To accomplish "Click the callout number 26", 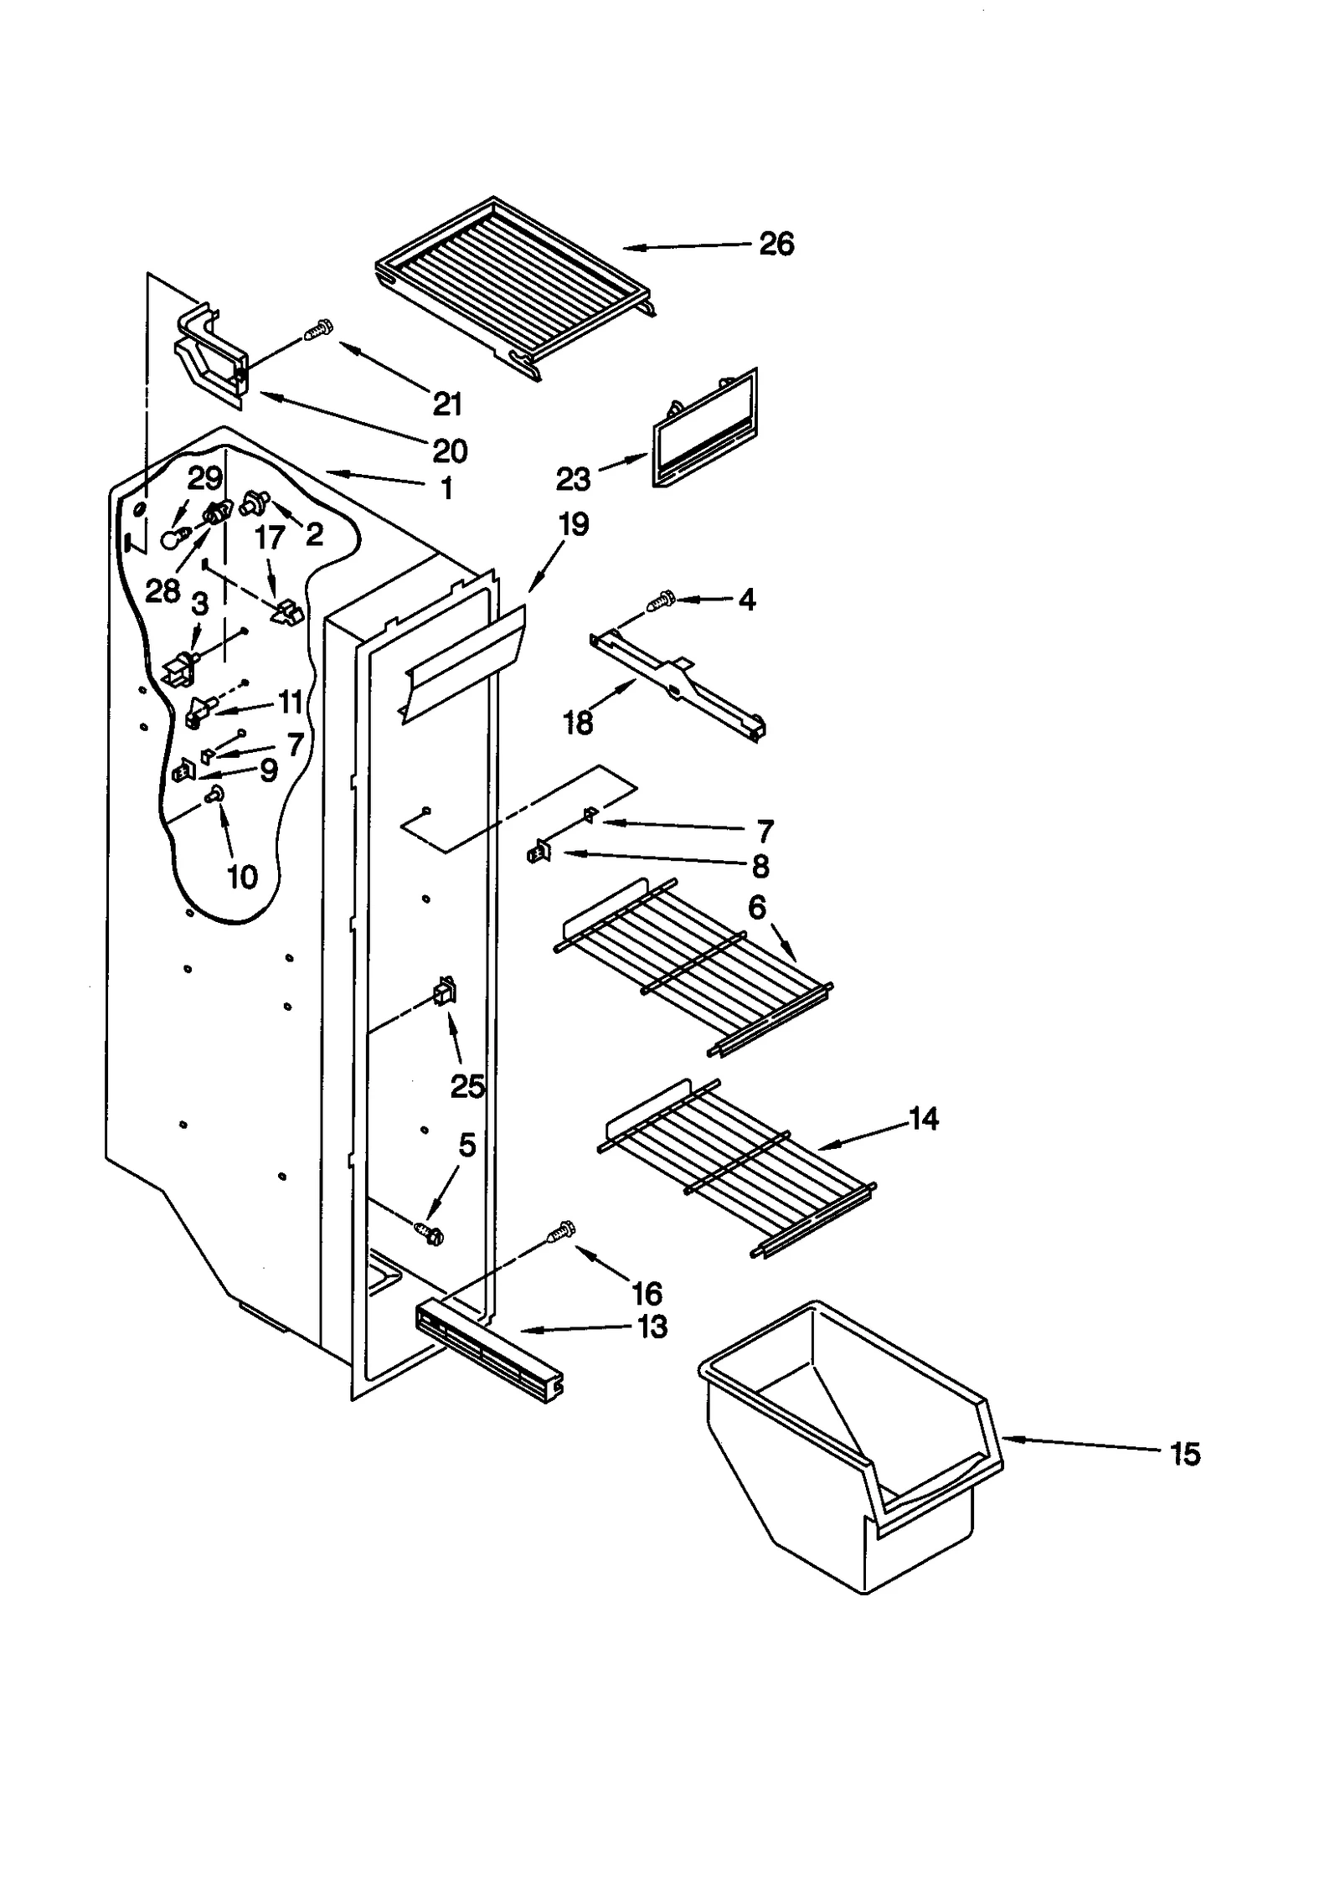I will click(x=776, y=244).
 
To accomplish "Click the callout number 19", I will click(x=574, y=525).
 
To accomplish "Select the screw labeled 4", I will click(x=662, y=600).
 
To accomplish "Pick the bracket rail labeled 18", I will click(x=678, y=683).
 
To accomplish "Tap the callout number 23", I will click(x=573, y=479).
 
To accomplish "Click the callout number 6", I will click(x=757, y=907).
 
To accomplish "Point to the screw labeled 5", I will click(x=430, y=1233).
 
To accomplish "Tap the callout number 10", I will click(x=242, y=877).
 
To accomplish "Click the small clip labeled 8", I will click(x=539, y=853).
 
